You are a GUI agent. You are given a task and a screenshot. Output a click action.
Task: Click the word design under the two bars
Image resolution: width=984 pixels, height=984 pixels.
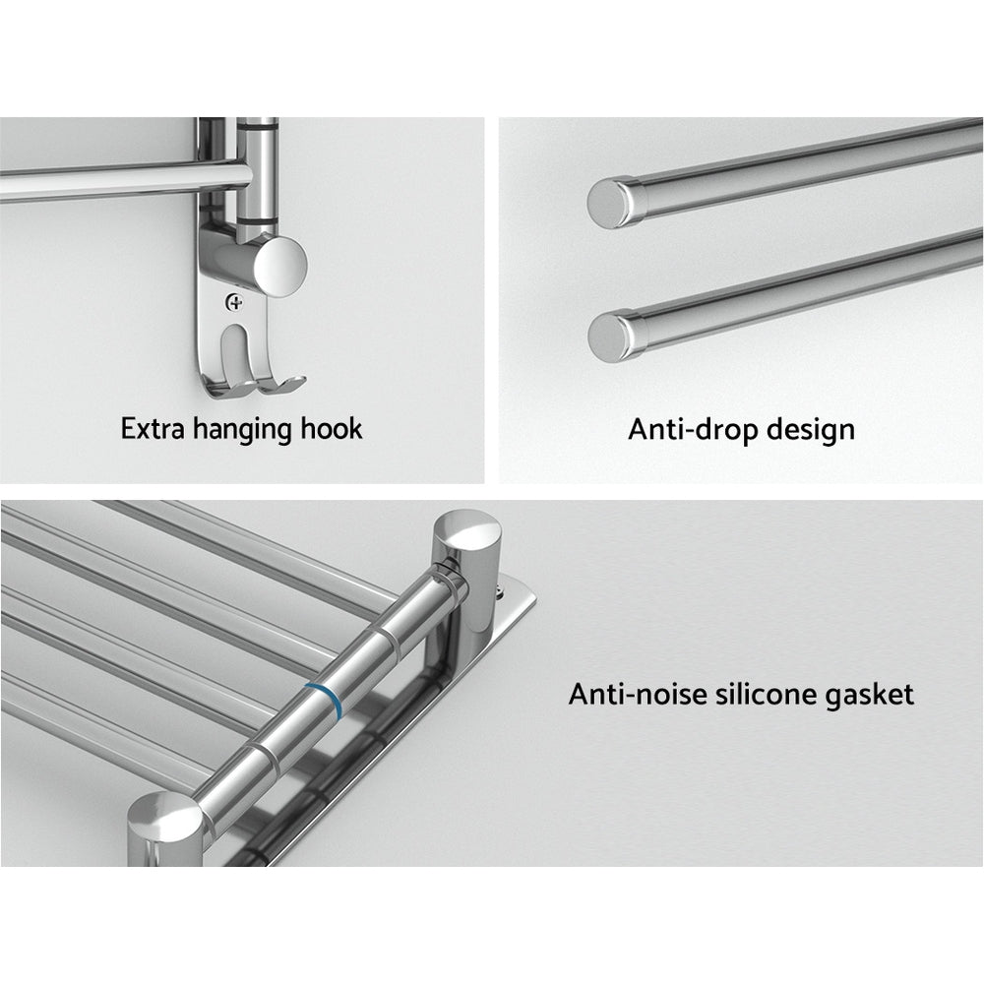806,430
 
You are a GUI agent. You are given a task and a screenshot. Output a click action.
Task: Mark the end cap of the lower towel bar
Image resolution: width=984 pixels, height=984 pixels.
607,336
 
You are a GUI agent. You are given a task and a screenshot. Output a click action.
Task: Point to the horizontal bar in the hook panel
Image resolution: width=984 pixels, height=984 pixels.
108,180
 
